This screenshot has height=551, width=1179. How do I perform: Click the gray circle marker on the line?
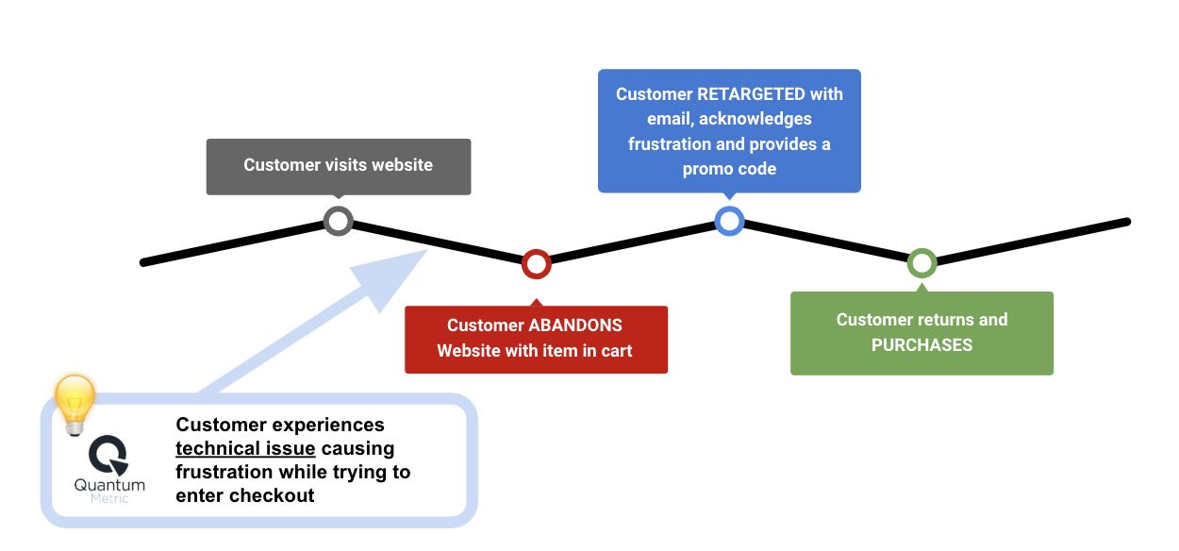coord(338,221)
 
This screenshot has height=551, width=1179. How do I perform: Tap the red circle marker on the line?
coord(536,263)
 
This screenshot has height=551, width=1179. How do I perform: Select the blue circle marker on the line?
coord(729,221)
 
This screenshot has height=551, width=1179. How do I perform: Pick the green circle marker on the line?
coord(922,263)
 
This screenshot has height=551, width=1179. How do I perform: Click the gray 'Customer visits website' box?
coord(338,166)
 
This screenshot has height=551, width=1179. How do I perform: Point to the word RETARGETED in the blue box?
coord(752,94)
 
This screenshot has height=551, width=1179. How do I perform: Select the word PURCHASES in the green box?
coord(922,345)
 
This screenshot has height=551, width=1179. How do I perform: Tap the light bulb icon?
coord(75,403)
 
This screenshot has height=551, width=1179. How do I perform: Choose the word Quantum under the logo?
coord(109,485)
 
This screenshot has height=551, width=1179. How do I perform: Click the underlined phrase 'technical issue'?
coord(245,448)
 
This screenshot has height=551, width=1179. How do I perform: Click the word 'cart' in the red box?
coord(614,351)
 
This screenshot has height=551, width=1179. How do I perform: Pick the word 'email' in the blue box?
coord(669,119)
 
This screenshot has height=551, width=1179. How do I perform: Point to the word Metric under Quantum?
coord(109,498)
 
